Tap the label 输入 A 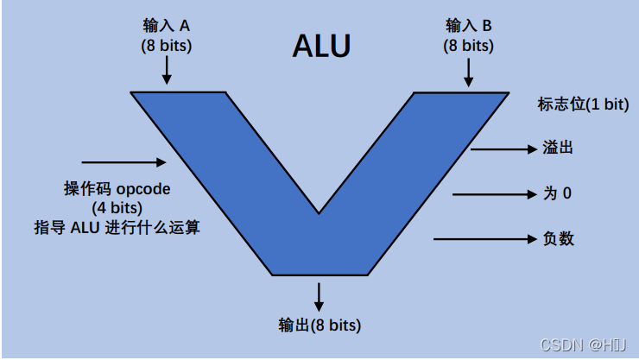pyautogui.click(x=168, y=26)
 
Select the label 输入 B pyautogui.click(x=468, y=26)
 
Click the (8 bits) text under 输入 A pyautogui.click(x=168, y=46)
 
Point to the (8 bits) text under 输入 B pyautogui.click(x=468, y=46)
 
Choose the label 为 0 pyautogui.click(x=557, y=193)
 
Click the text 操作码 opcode pyautogui.click(x=117, y=189)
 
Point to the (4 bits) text pyautogui.click(x=117, y=208)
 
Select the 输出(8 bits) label pyautogui.click(x=319, y=325)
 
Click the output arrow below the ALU pyautogui.click(x=319, y=295)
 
